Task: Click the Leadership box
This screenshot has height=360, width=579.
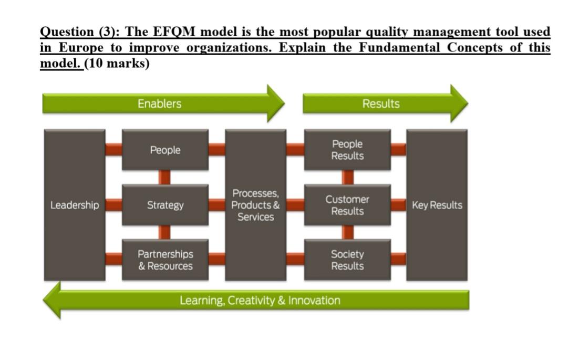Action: point(74,205)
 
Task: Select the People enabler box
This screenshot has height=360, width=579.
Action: point(165,150)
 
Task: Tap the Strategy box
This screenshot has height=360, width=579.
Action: point(165,205)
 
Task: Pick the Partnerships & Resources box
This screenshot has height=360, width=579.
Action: point(165,260)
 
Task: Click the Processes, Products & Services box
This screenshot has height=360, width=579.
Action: point(255,205)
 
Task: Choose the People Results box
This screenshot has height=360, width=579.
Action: point(347,150)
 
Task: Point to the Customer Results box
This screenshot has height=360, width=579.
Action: point(347,205)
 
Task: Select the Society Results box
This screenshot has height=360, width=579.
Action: point(347,260)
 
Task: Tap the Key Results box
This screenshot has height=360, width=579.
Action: point(437,205)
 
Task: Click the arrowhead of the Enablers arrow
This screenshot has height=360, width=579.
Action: point(275,104)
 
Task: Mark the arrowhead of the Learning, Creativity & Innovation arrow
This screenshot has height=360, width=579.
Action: point(53,300)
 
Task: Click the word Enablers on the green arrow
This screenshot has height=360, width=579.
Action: point(159,104)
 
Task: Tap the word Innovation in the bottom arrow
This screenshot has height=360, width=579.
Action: point(314,301)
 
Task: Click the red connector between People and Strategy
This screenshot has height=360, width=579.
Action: point(165,177)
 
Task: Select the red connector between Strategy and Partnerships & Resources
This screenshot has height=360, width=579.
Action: point(165,232)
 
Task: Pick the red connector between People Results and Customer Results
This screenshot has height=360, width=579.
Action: point(347,177)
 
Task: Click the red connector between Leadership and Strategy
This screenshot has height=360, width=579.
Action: point(113,205)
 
